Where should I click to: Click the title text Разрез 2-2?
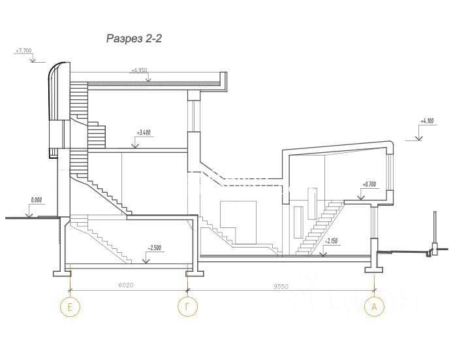pyautogui.click(x=134, y=39)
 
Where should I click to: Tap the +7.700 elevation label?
pyautogui.click(x=23, y=50)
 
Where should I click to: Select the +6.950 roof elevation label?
pyautogui.click(x=139, y=69)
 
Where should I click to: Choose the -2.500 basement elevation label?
pyautogui.click(x=155, y=248)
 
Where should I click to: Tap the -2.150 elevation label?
pyautogui.click(x=332, y=241)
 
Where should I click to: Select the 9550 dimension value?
pyautogui.click(x=281, y=286)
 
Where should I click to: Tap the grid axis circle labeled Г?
pyautogui.click(x=188, y=306)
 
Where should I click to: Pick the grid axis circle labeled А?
pyautogui.click(x=374, y=306)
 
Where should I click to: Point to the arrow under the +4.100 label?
pyautogui.click(x=418, y=137)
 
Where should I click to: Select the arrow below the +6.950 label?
pyautogui.click(x=148, y=79)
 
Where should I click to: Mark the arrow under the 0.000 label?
pyautogui.click(x=28, y=214)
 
